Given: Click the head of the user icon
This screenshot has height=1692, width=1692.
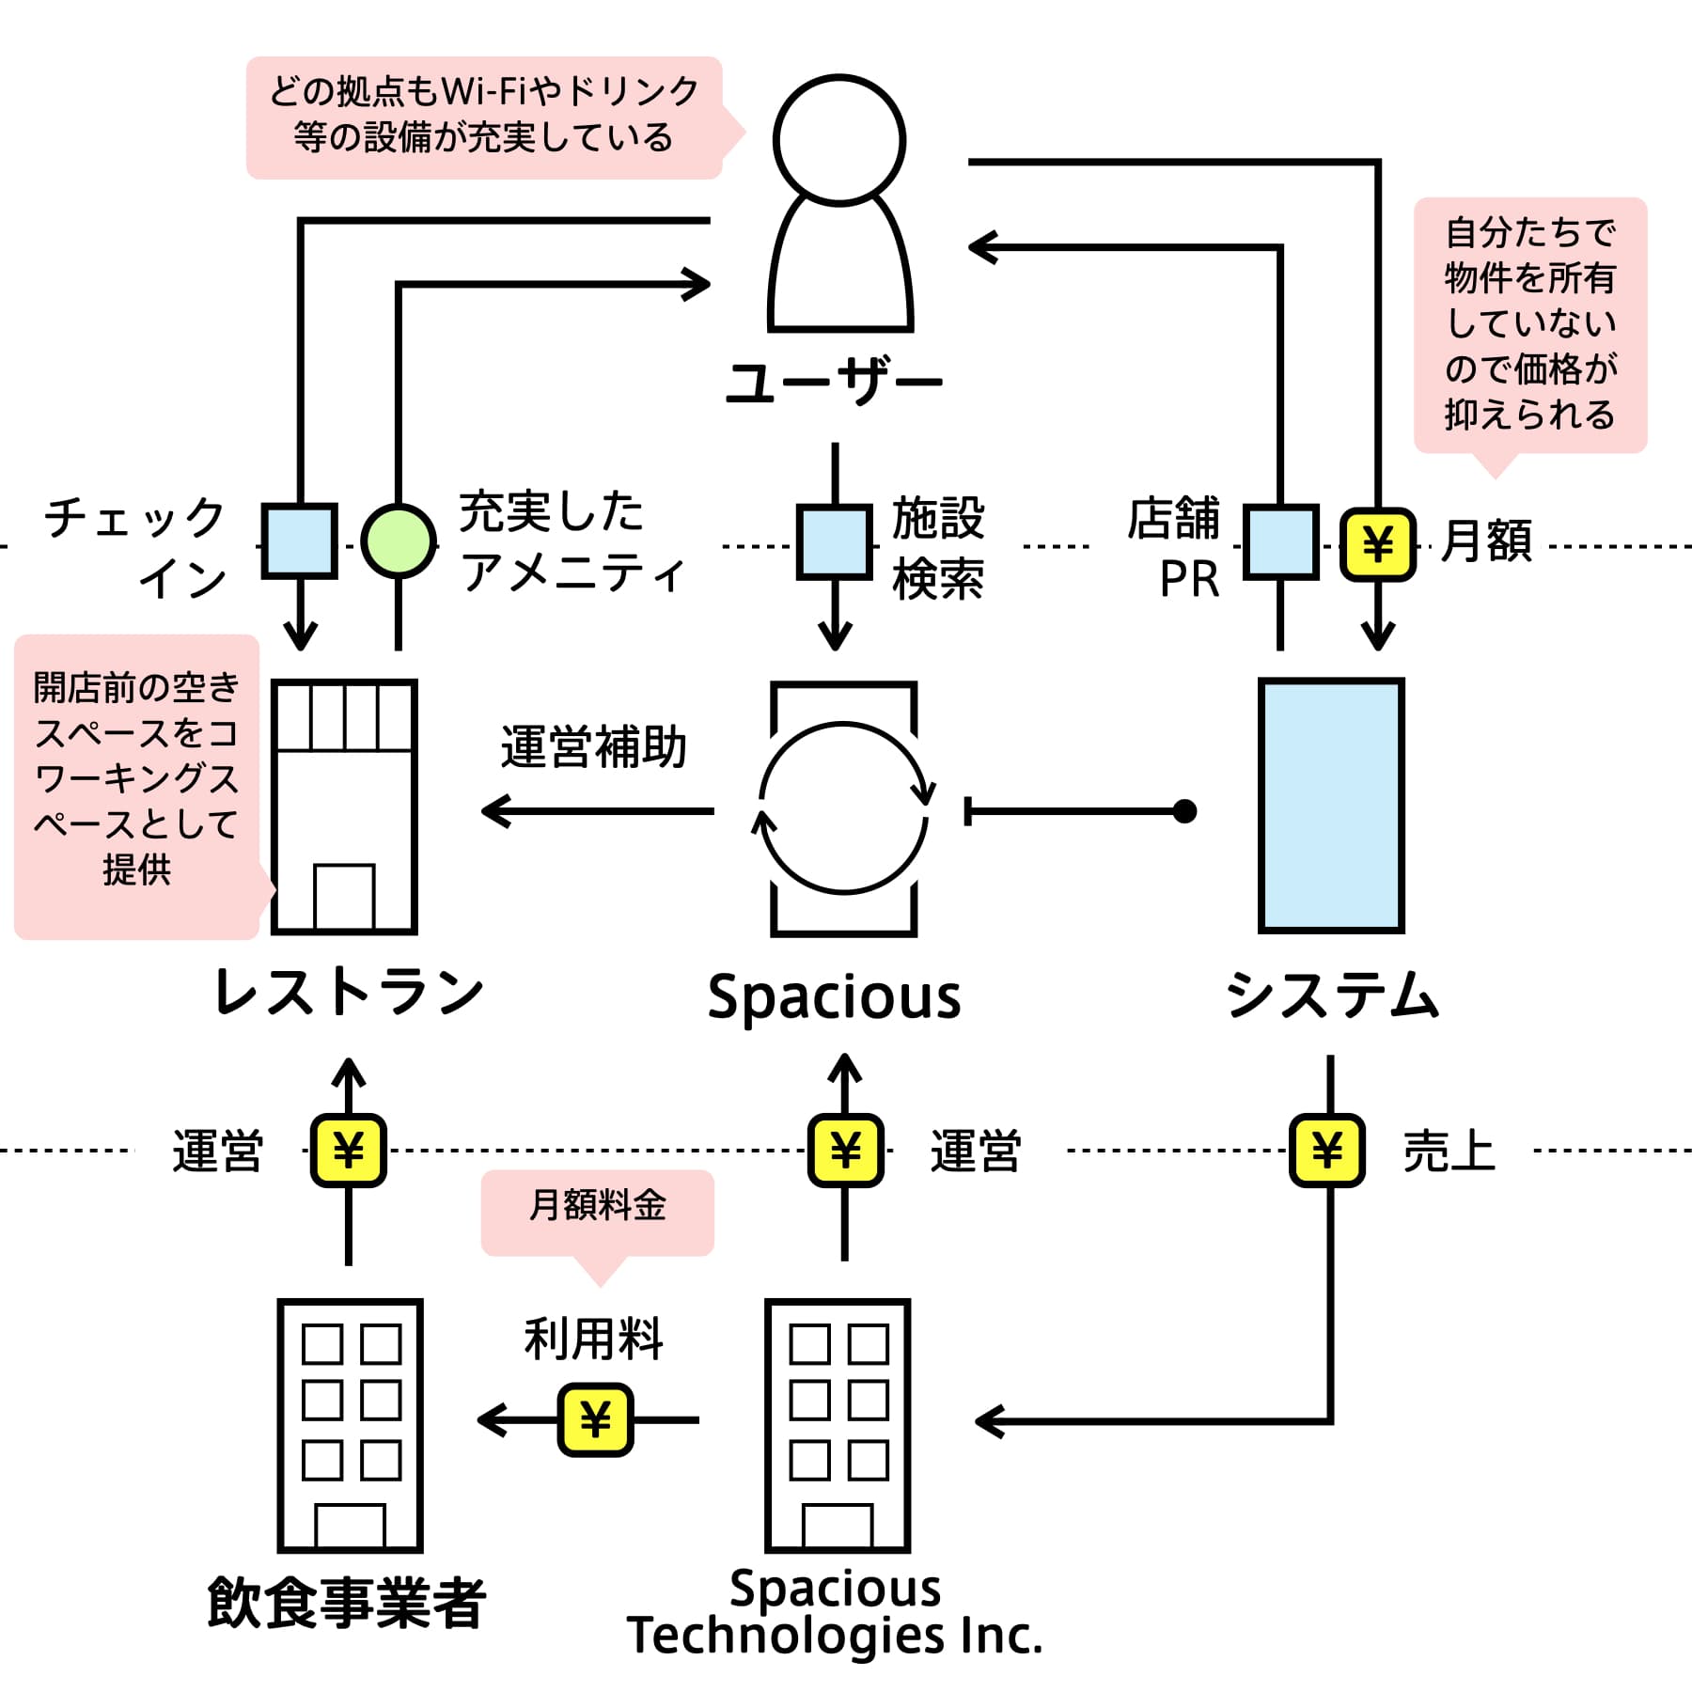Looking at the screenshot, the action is pos(839,140).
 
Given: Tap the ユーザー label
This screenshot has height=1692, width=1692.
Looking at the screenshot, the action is pos(834,384).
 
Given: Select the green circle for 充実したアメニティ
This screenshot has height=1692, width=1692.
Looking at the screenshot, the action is pos(399,541).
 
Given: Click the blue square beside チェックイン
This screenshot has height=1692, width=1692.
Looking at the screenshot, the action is pos(299,541).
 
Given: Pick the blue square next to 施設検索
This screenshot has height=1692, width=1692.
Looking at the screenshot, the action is pos(834,542).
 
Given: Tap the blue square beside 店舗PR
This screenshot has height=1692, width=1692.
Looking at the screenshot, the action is pos(1280,541).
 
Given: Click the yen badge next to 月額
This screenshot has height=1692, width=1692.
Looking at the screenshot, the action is pos(1378,544).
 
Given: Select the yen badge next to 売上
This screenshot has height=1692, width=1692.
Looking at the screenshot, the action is pos(1327,1150).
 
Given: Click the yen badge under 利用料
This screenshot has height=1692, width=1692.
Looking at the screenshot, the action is pos(595,1419).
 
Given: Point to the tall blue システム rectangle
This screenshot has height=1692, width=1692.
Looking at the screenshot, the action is pos(1331,806).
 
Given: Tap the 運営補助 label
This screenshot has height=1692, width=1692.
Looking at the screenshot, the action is pos(594,748).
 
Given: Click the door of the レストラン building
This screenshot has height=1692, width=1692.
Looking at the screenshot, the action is pos(344,898).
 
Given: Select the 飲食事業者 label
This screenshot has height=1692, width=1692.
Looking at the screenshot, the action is pos(346,1603).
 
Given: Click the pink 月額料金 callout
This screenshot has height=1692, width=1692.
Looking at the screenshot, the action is pos(598,1212).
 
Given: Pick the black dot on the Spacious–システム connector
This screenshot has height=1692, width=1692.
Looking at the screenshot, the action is pos(1185,810).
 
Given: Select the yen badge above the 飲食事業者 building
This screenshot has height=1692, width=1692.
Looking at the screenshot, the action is pos(349,1150).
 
